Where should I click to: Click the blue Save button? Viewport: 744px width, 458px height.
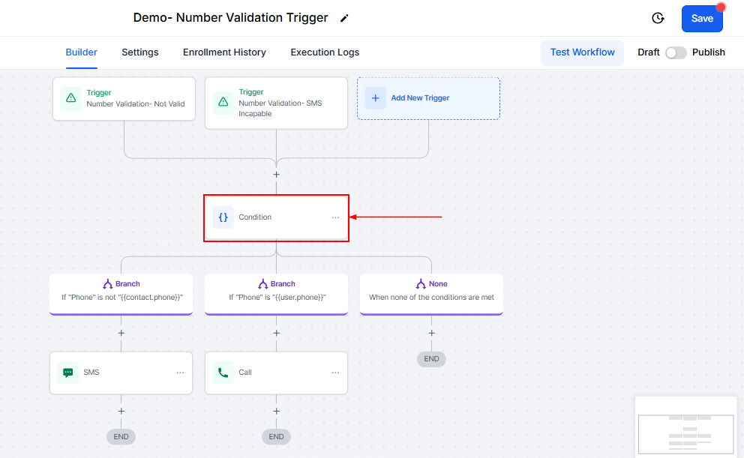[x=702, y=19]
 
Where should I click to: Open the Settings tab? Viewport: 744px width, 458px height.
[x=140, y=52]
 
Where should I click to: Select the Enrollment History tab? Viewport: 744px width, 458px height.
[x=224, y=52]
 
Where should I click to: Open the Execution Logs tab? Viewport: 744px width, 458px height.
[x=325, y=52]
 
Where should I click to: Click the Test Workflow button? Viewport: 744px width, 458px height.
[x=582, y=52]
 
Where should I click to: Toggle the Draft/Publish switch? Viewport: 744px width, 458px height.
[x=676, y=52]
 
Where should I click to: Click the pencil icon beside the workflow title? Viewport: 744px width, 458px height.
[x=344, y=18]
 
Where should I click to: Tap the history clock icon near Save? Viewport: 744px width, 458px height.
[x=658, y=18]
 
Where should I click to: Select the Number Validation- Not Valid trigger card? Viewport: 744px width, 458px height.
[x=124, y=99]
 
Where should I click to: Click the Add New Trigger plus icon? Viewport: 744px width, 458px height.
[x=375, y=98]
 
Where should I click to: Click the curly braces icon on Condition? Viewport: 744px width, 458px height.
[x=223, y=217]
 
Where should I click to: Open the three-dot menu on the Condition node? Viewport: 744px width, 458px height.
[x=335, y=217]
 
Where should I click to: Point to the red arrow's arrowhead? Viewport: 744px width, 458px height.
[x=351, y=217]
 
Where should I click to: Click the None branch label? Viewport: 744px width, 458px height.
[x=438, y=283]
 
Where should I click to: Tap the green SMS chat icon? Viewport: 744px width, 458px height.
[x=67, y=373]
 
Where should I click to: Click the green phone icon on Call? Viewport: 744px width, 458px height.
[x=223, y=373]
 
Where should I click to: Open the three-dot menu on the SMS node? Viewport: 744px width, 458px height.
[x=180, y=373]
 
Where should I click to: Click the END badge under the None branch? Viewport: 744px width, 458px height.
[x=431, y=359]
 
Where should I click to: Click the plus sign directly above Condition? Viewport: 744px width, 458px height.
[x=276, y=175]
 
